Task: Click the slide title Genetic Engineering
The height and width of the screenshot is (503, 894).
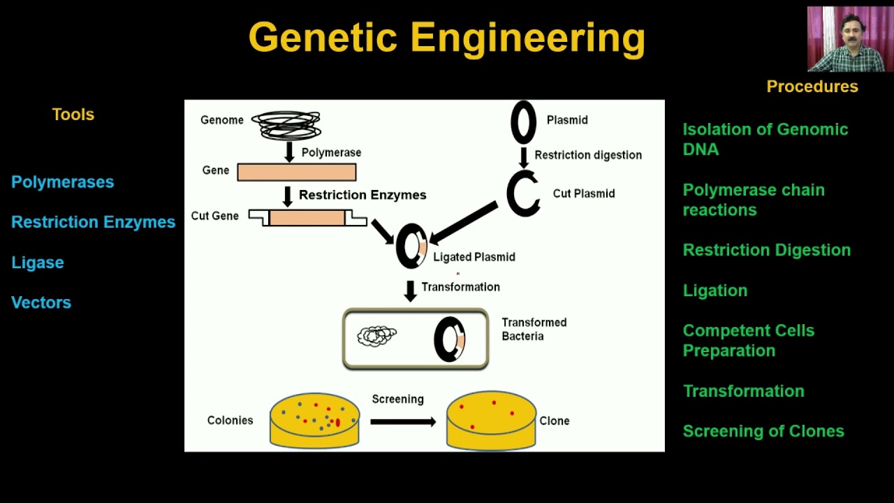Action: [x=446, y=38]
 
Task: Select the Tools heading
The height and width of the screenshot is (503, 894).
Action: [x=73, y=115]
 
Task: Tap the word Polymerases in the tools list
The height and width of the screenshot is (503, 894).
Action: [x=62, y=182]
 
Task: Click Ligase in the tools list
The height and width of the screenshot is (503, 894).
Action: [x=38, y=263]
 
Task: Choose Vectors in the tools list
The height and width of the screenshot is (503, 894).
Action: [x=41, y=302]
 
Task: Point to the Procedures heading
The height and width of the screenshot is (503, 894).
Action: [x=812, y=87]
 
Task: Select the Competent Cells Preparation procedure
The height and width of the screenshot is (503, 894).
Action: [x=748, y=340]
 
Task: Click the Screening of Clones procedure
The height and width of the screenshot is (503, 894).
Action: [x=763, y=431]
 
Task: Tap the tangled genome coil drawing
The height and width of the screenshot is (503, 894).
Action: [x=286, y=125]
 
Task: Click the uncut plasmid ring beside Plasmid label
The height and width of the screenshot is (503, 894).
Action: [x=523, y=122]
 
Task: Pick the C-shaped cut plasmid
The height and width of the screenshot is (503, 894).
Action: [x=522, y=194]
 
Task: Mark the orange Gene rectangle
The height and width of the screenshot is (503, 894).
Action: [x=296, y=172]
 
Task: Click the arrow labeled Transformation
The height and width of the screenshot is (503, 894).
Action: [x=411, y=291]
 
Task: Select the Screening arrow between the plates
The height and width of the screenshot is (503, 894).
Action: [x=402, y=421]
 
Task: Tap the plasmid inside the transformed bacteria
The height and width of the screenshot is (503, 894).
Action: [x=450, y=340]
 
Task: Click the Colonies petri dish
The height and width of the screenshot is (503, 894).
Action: [x=314, y=419]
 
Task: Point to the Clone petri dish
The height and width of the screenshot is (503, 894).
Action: [x=491, y=420]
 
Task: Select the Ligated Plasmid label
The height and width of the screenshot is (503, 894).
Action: [x=474, y=257]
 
